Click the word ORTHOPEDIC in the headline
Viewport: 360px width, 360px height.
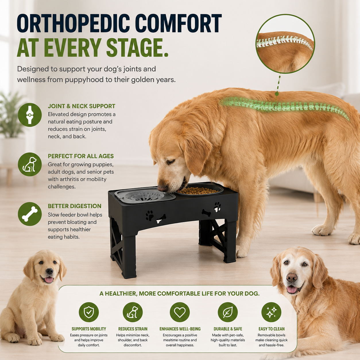[74, 23]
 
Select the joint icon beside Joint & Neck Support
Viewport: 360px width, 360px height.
[30, 115]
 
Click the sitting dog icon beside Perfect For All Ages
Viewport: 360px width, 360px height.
[30, 164]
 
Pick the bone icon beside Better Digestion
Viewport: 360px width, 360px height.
[30, 214]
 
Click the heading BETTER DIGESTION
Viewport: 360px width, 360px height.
[75, 206]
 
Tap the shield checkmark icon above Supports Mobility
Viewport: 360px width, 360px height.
[89, 312]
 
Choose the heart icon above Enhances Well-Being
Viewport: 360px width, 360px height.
[180, 312]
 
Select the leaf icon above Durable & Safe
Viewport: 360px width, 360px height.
[228, 312]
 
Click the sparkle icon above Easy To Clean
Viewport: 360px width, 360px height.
[271, 312]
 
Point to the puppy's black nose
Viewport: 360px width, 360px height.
[49, 271]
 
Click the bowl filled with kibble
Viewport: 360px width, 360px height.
[200, 191]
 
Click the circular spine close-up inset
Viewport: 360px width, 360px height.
[285, 44]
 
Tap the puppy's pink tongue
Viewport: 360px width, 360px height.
[49, 280]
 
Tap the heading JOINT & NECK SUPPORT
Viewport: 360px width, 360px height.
[82, 106]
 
